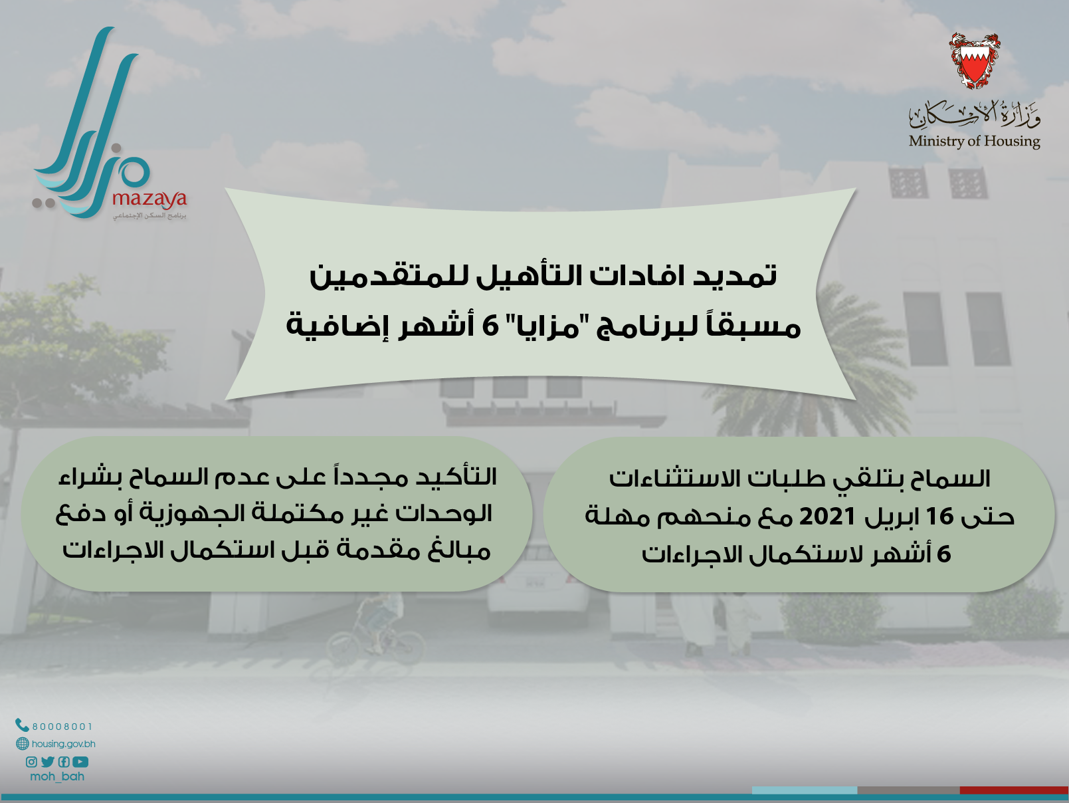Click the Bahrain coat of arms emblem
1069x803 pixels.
pyautogui.click(x=974, y=61)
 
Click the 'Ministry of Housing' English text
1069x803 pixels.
pyautogui.click(x=974, y=141)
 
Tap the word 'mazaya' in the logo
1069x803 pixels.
pyautogui.click(x=149, y=199)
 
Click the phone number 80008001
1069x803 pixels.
pyautogui.click(x=62, y=727)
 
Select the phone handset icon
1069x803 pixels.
pyautogui.click(x=22, y=725)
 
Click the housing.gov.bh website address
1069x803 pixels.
pyautogui.click(x=64, y=744)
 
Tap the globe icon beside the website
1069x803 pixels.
pyautogui.click(x=23, y=744)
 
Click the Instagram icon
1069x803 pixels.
pyautogui.click(x=31, y=762)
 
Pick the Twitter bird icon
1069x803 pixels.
pyautogui.click(x=47, y=762)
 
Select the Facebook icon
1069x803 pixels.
pyautogui.click(x=64, y=762)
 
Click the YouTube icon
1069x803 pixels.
pyautogui.click(x=80, y=762)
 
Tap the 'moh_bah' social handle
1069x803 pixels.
pyautogui.click(x=57, y=776)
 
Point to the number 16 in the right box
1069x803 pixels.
pyautogui.click(x=939, y=516)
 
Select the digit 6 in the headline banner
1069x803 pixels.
pyautogui.click(x=490, y=326)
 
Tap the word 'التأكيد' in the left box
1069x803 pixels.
pyautogui.click(x=456, y=477)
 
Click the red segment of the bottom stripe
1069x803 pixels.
pyautogui.click(x=1014, y=790)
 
